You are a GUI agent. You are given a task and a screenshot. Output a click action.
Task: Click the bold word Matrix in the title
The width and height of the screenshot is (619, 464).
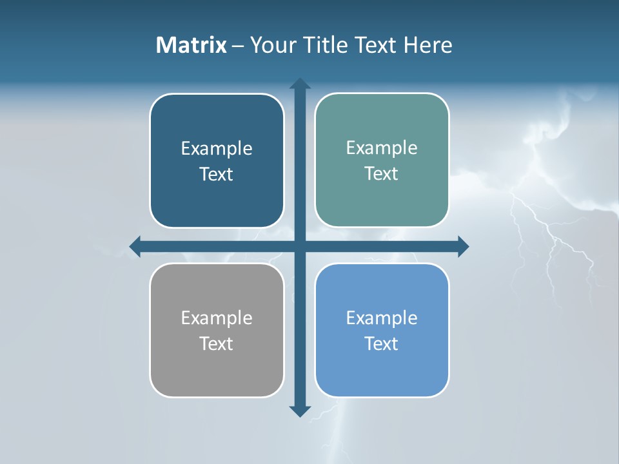coord(191,45)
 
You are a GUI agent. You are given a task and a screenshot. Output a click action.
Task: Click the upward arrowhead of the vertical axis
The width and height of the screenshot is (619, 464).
coord(300,84)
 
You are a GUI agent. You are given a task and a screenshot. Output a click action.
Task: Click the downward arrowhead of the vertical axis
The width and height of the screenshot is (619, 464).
coord(300,411)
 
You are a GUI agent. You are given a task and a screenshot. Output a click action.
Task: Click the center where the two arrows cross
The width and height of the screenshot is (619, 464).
coord(300,246)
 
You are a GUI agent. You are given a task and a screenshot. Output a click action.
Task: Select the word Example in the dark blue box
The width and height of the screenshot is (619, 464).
coord(217,148)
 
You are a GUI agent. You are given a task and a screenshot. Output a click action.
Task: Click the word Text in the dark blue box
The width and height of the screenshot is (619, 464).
coord(217,174)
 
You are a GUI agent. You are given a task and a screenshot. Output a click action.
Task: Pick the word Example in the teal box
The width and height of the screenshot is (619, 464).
coord(382,148)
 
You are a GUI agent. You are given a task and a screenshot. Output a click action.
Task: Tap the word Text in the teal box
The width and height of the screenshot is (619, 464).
coord(382,173)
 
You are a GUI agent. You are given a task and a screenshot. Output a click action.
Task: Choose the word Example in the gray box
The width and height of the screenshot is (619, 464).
coord(217,318)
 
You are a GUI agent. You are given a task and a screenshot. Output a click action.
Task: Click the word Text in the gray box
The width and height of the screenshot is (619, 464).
coord(217,343)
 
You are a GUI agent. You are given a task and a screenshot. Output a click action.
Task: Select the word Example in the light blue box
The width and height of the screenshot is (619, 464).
coord(382,318)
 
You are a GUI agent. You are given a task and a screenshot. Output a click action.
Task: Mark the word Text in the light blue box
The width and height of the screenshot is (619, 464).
coord(382,343)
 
